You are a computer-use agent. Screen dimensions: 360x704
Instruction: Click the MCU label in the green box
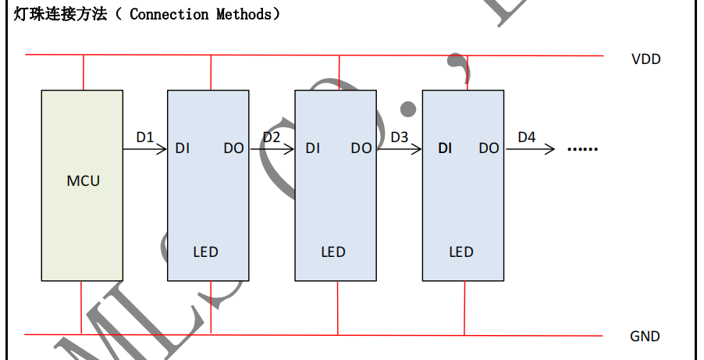coord(83,180)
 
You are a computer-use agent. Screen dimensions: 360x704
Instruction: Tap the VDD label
coord(645,59)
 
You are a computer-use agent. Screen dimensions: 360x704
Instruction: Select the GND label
coord(645,337)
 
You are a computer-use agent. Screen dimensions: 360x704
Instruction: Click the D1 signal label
coord(145,137)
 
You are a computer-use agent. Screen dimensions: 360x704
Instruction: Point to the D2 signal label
coord(271,137)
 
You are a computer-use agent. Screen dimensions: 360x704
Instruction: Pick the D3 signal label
coord(399,137)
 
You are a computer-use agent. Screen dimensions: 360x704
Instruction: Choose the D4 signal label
coord(527,137)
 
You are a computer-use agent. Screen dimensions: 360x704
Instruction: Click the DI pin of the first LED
coord(182,148)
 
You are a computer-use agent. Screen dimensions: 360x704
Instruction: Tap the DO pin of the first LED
coord(233,148)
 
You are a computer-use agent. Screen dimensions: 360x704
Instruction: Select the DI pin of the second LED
coord(312,148)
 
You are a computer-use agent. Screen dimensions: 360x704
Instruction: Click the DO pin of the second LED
coord(361,148)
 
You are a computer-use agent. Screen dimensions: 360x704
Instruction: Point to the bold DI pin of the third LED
coord(445,148)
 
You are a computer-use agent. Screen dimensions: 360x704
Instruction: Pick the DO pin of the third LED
coord(489,148)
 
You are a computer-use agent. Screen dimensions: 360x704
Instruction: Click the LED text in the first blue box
coord(205,251)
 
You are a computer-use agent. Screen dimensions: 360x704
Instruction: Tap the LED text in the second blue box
coord(333,251)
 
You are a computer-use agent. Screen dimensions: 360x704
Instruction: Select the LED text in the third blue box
coord(460,251)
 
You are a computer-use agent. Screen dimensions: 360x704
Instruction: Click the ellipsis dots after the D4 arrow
coord(581,148)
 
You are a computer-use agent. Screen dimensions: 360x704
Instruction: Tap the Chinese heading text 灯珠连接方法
coord(60,14)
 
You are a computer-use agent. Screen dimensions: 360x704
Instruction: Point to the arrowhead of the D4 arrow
coord(551,148)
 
